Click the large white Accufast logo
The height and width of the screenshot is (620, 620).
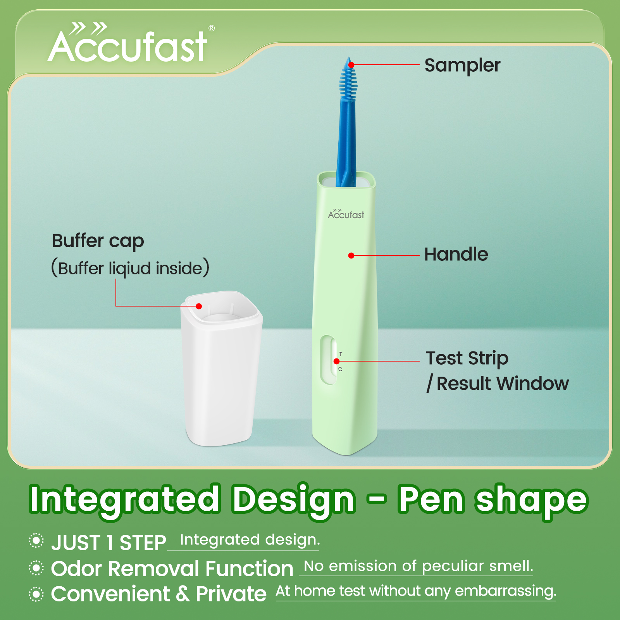coord(128,46)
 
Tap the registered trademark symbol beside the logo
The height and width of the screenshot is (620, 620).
coord(212,28)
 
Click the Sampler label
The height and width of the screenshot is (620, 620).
coord(462,65)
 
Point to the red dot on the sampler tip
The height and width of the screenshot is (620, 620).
coord(351,65)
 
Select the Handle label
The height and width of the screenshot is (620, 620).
coord(456,255)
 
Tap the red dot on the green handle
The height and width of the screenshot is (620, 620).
coord(351,255)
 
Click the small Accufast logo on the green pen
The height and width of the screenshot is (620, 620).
coord(346,214)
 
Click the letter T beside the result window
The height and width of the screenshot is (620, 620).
coord(341,354)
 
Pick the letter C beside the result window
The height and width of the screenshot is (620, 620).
coord(340,369)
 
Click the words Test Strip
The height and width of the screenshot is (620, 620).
coord(467,358)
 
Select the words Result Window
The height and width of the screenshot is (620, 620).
coord(503,384)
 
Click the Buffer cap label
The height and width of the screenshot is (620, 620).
coord(98,241)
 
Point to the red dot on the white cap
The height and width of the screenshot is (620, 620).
coord(199,306)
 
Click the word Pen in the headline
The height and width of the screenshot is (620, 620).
coord(431,499)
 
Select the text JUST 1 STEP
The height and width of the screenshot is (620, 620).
coord(109,542)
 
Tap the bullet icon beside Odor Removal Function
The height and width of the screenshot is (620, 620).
coord(36,568)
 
